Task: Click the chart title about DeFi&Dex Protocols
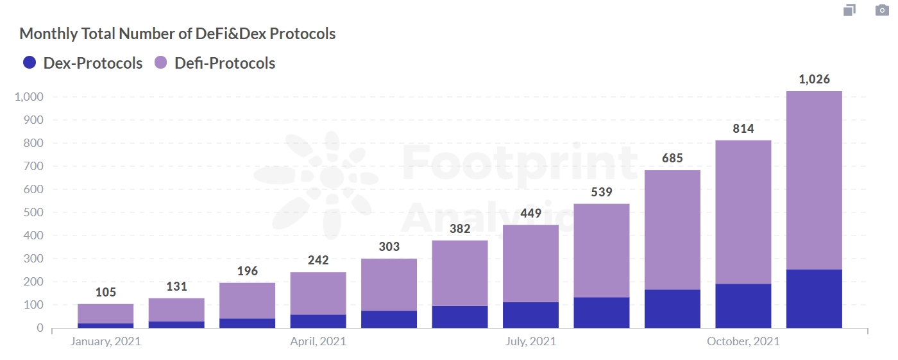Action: click(178, 34)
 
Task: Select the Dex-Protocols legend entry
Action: click(83, 63)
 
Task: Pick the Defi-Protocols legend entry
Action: click(215, 63)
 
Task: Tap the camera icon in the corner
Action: click(882, 10)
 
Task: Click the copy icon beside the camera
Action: click(849, 10)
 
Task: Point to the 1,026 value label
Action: click(814, 80)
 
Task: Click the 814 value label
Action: click(743, 128)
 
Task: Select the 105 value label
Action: click(106, 293)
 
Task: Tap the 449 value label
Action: click(530, 213)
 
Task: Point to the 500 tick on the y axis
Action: click(31, 212)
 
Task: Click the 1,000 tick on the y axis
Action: click(28, 97)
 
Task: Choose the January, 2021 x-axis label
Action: click(106, 341)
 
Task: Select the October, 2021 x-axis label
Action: click(743, 341)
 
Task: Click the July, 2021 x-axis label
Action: click(530, 341)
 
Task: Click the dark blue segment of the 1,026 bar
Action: click(814, 298)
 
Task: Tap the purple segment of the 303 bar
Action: click(389, 284)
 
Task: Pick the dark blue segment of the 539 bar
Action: click(602, 313)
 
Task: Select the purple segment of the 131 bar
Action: click(176, 309)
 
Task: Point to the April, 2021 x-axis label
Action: click(318, 341)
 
